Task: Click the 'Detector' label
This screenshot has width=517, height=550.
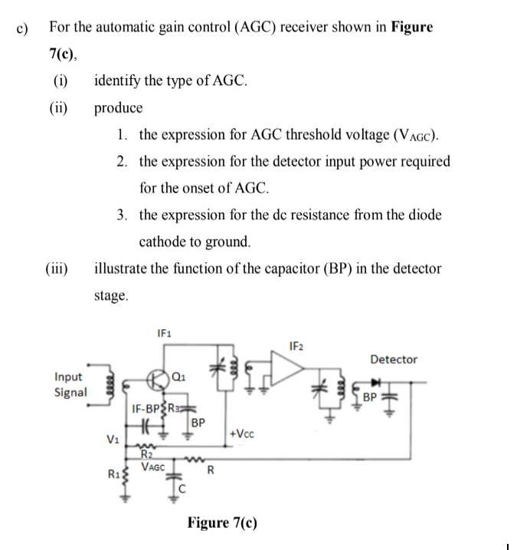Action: coord(394,359)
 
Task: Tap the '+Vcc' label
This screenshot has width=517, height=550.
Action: coord(242,434)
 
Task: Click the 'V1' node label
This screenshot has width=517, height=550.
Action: coord(111,440)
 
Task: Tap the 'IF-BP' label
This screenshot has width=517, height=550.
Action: coord(146,408)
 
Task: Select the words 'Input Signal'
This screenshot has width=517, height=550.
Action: coord(70,384)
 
